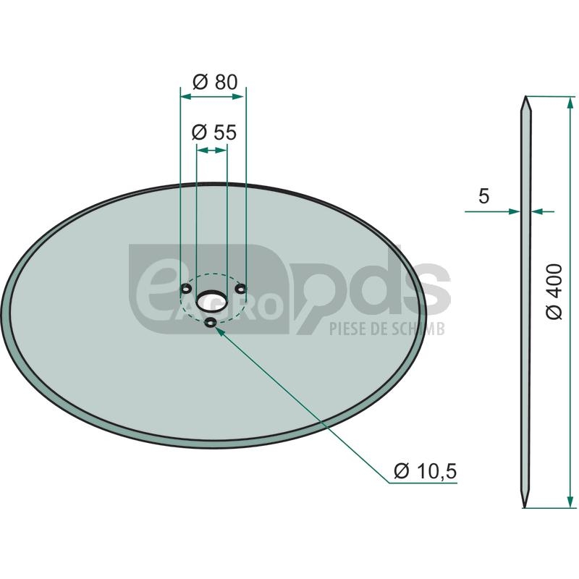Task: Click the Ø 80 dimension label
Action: pyautogui.click(x=215, y=82)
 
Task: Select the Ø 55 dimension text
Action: pyautogui.click(x=214, y=132)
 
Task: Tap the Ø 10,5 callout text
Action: pyautogui.click(x=426, y=471)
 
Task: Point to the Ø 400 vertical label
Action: pyautogui.click(x=554, y=292)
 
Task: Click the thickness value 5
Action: pyautogui.click(x=483, y=196)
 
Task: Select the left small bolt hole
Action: pyautogui.click(x=185, y=288)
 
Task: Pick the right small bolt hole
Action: pyautogui.click(x=242, y=288)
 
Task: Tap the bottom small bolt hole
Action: pyautogui.click(x=211, y=323)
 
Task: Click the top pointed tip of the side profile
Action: pyautogui.click(x=525, y=97)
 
